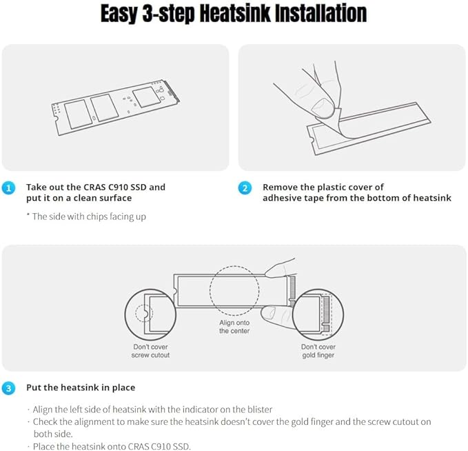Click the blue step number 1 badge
(8, 188)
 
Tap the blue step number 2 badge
(245, 188)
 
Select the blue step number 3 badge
(8, 388)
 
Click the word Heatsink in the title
(235, 13)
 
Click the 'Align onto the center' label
(234, 327)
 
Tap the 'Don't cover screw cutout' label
(150, 351)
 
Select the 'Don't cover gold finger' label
(318, 351)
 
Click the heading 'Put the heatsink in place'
(81, 388)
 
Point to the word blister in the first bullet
(260, 409)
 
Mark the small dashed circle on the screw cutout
(144, 313)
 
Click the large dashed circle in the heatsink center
(234, 290)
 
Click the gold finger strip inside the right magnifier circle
(326, 314)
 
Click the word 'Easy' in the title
(120, 14)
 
